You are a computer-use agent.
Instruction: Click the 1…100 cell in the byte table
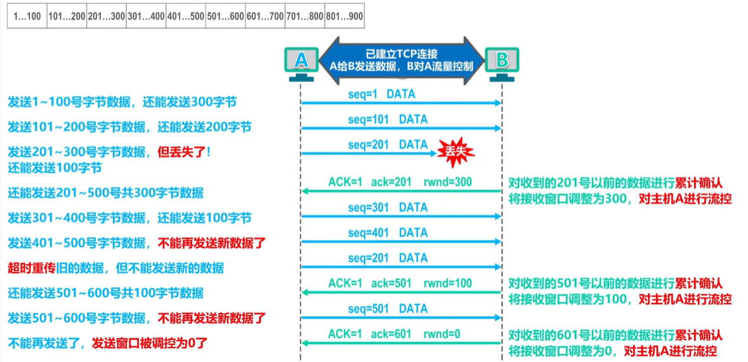[x=25, y=16]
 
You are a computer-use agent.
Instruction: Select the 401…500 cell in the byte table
[x=185, y=16]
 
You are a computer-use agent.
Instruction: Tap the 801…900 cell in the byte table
[x=344, y=16]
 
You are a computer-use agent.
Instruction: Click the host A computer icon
[x=301, y=62]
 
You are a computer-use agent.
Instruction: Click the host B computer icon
[x=502, y=62]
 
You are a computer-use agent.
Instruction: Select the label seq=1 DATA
[x=381, y=94]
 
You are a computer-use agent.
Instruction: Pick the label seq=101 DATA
[x=388, y=119]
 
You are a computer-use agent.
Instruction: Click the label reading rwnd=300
[x=448, y=182]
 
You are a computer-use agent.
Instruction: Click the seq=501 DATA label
[x=388, y=309]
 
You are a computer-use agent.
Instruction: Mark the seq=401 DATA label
[x=388, y=232]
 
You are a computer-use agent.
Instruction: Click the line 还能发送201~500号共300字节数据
[x=105, y=193]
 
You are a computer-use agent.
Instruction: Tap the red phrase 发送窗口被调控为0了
[x=150, y=344]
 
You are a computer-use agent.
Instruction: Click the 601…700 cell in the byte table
[x=265, y=16]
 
